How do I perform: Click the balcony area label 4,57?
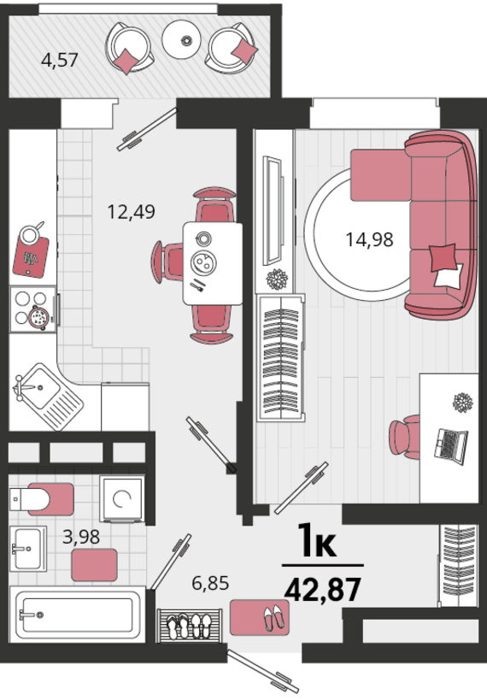(x=59, y=60)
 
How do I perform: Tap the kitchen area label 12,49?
(x=132, y=211)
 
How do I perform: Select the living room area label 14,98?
(x=370, y=239)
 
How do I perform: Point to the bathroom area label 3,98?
(x=81, y=537)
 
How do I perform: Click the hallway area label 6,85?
(x=210, y=583)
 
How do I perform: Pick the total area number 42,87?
(x=322, y=589)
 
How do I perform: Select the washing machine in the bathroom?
(x=122, y=498)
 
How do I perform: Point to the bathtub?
(x=78, y=615)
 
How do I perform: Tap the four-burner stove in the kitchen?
(x=33, y=309)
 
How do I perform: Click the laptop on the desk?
(x=451, y=446)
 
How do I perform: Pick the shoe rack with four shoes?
(x=190, y=626)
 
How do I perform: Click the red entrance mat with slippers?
(x=260, y=617)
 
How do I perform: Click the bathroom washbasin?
(x=27, y=549)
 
